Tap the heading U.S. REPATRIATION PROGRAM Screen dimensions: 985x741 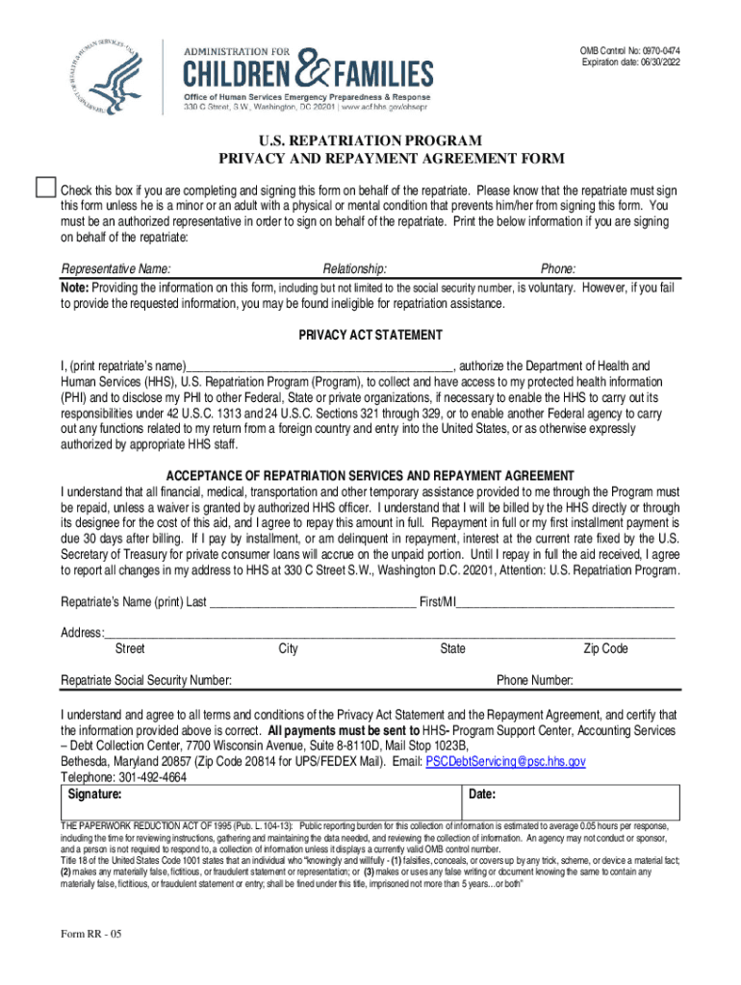pos(370,139)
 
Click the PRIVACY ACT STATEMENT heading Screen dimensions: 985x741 pos(370,335)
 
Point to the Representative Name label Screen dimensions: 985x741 pos(116,268)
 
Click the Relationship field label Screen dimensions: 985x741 pos(355,268)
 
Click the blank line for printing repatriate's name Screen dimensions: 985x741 pos(319,367)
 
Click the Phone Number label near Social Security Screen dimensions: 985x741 pos(535,680)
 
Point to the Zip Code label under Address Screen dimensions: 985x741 pos(605,648)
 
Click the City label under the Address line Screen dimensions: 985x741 pos(288,648)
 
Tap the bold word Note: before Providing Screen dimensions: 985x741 pos(75,287)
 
